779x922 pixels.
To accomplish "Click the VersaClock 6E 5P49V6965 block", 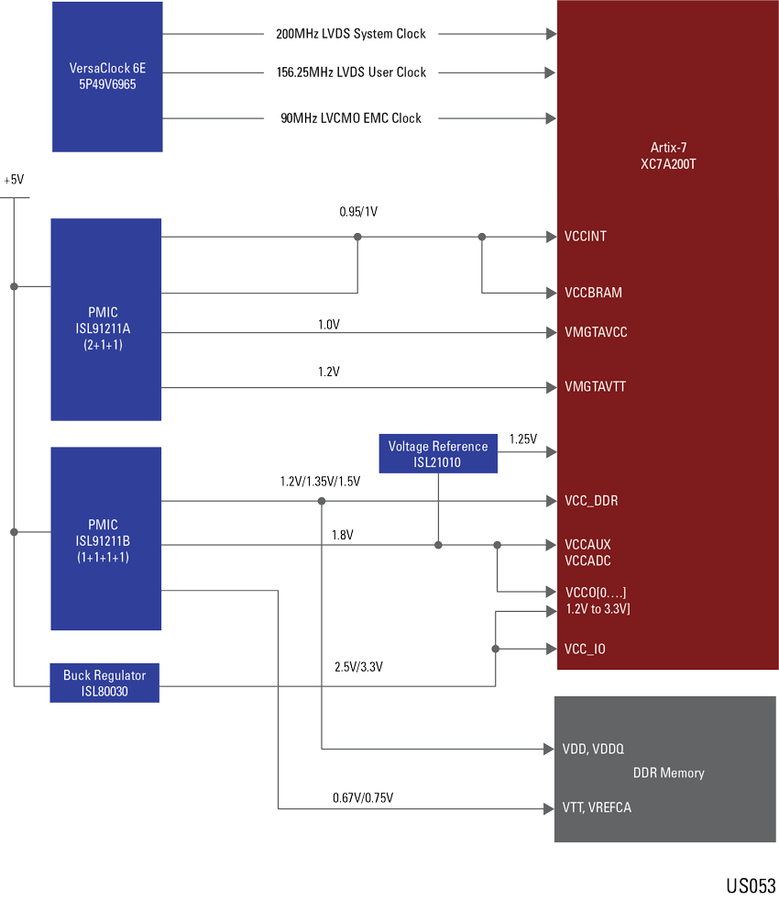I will [x=107, y=76].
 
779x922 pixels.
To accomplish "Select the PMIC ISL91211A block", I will [x=105, y=319].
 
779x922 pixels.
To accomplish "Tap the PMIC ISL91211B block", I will [x=105, y=539].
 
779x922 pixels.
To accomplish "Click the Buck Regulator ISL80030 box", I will [x=104, y=683].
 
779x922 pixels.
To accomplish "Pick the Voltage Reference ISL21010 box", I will [x=437, y=454].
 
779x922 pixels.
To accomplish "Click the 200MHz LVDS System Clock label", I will [x=351, y=34].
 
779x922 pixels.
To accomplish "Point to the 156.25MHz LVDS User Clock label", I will [x=351, y=72].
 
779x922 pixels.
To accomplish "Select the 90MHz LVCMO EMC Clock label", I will [x=351, y=118].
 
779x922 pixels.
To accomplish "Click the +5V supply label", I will [x=14, y=181].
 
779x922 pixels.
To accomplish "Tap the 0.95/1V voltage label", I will [x=358, y=212].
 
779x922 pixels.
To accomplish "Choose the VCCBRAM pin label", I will [x=593, y=294].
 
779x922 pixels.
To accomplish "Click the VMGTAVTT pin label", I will [x=595, y=387].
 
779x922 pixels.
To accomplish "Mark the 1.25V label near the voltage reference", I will [x=522, y=439].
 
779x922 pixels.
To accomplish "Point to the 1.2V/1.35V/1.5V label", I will [x=320, y=482].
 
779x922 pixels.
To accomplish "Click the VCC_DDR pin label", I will [x=591, y=501].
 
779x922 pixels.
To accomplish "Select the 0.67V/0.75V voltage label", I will [x=363, y=798].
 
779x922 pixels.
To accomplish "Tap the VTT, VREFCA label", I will [x=597, y=807].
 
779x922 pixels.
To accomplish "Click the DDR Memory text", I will [x=669, y=773].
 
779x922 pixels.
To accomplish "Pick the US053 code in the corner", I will [x=751, y=886].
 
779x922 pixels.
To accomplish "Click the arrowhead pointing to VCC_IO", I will [x=551, y=649].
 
